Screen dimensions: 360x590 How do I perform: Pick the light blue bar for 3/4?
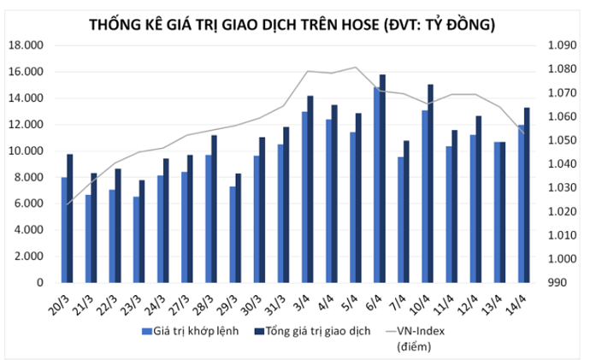pyautogui.click(x=304, y=197)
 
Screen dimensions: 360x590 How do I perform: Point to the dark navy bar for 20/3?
pyautogui.click(x=70, y=218)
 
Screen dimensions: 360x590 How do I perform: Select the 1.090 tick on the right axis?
pyautogui.click(x=552, y=45)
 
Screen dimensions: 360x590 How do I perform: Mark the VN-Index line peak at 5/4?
pyautogui.click(x=356, y=67)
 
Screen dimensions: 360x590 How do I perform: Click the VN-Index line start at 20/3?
pyautogui.click(x=67, y=204)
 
